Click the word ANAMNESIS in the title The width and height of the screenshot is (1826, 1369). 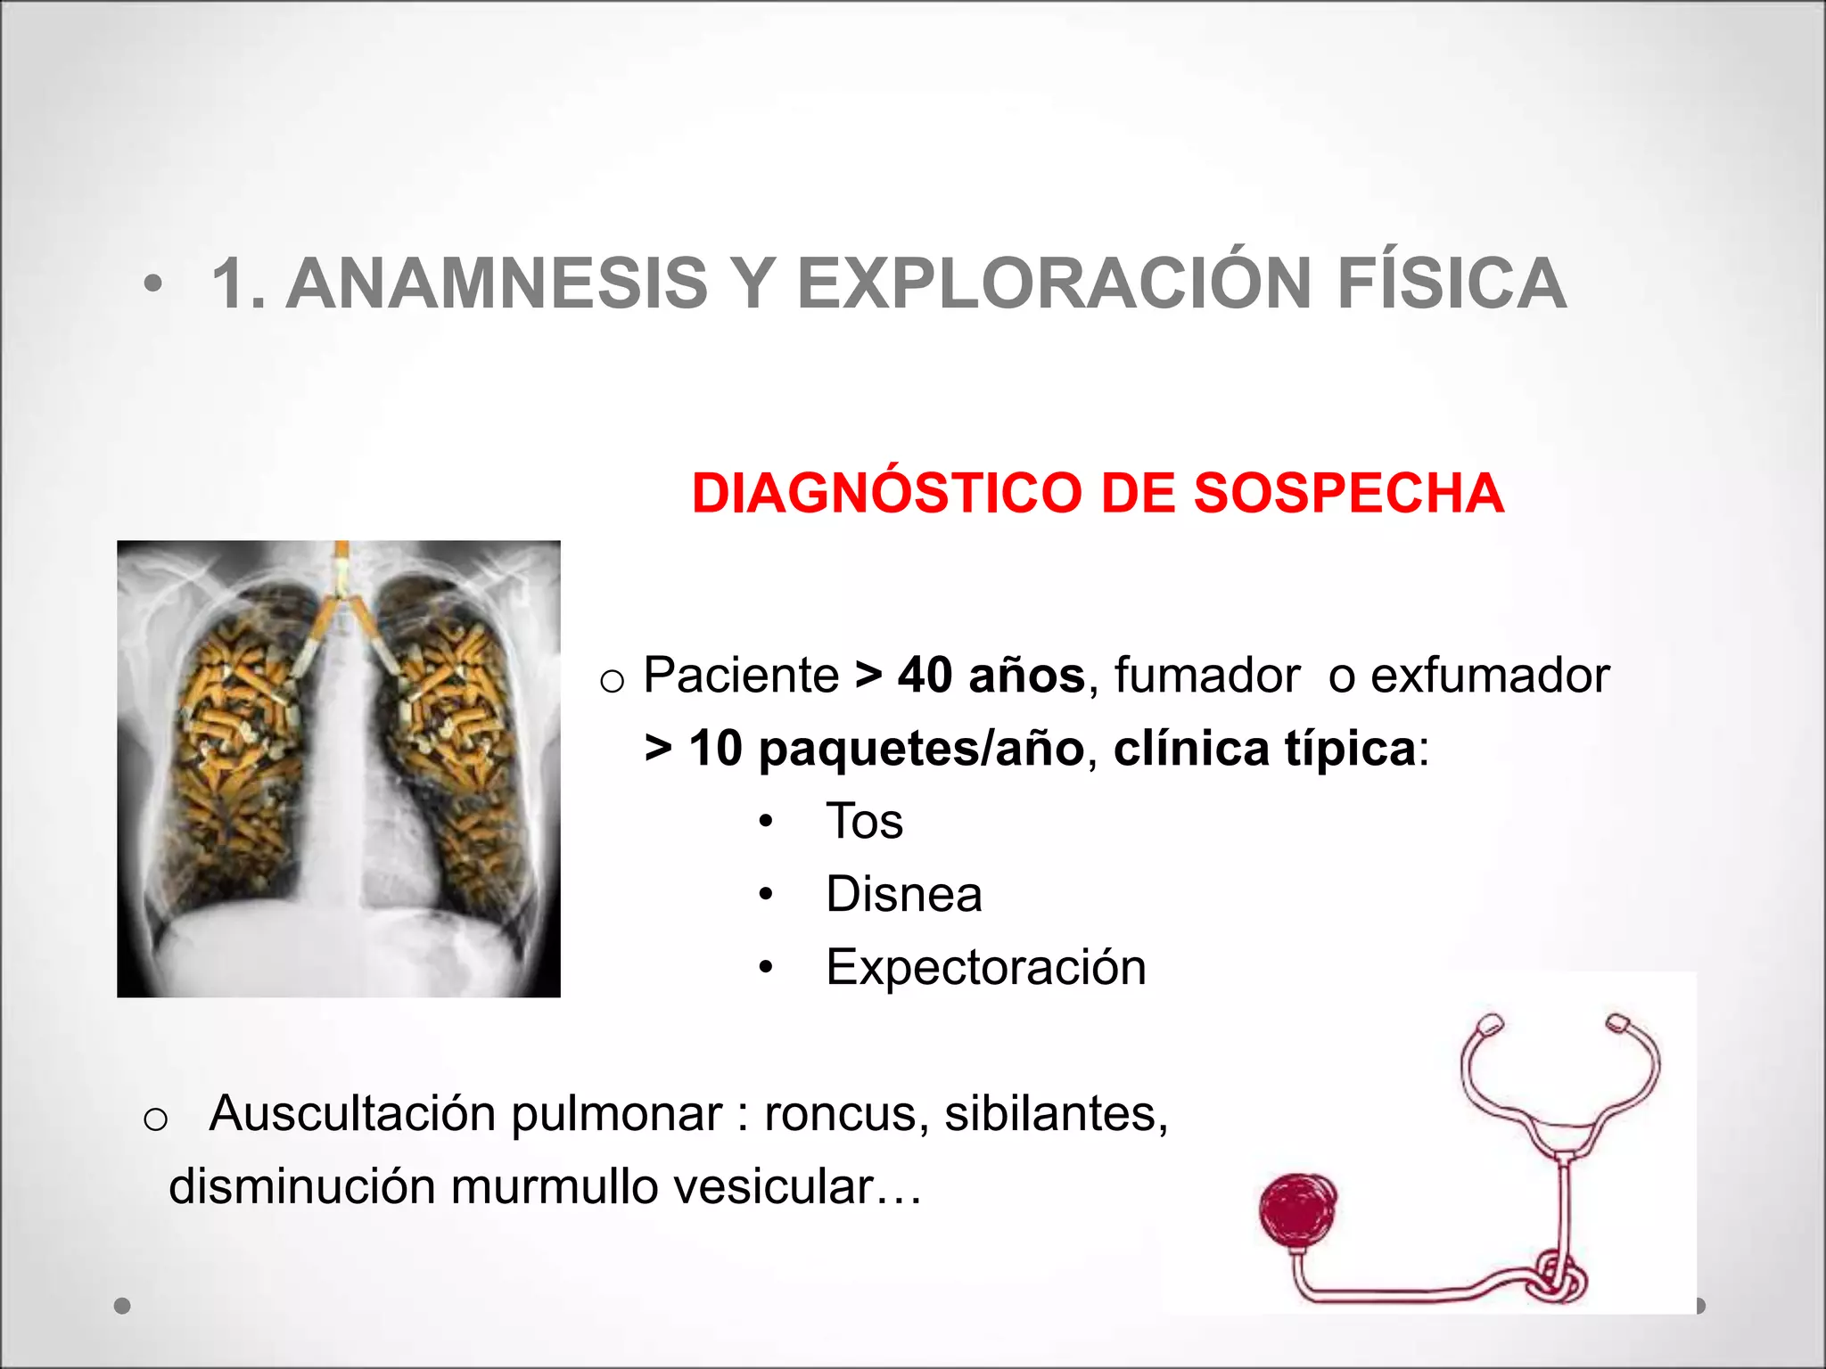pos(496,284)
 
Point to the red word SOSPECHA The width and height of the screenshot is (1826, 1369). pos(1348,493)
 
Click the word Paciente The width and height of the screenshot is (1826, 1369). pos(741,675)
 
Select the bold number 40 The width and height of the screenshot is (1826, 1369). pos(925,675)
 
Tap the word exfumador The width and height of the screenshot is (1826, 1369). pos(1489,675)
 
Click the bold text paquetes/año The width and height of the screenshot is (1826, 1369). pos(920,748)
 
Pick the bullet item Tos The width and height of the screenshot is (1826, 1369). pos(864,821)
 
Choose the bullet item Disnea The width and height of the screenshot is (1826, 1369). pos(903,894)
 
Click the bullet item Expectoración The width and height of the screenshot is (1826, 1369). pos(985,968)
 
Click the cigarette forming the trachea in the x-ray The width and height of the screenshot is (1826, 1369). pos(341,570)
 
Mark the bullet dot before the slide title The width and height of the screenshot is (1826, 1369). pos(153,284)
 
